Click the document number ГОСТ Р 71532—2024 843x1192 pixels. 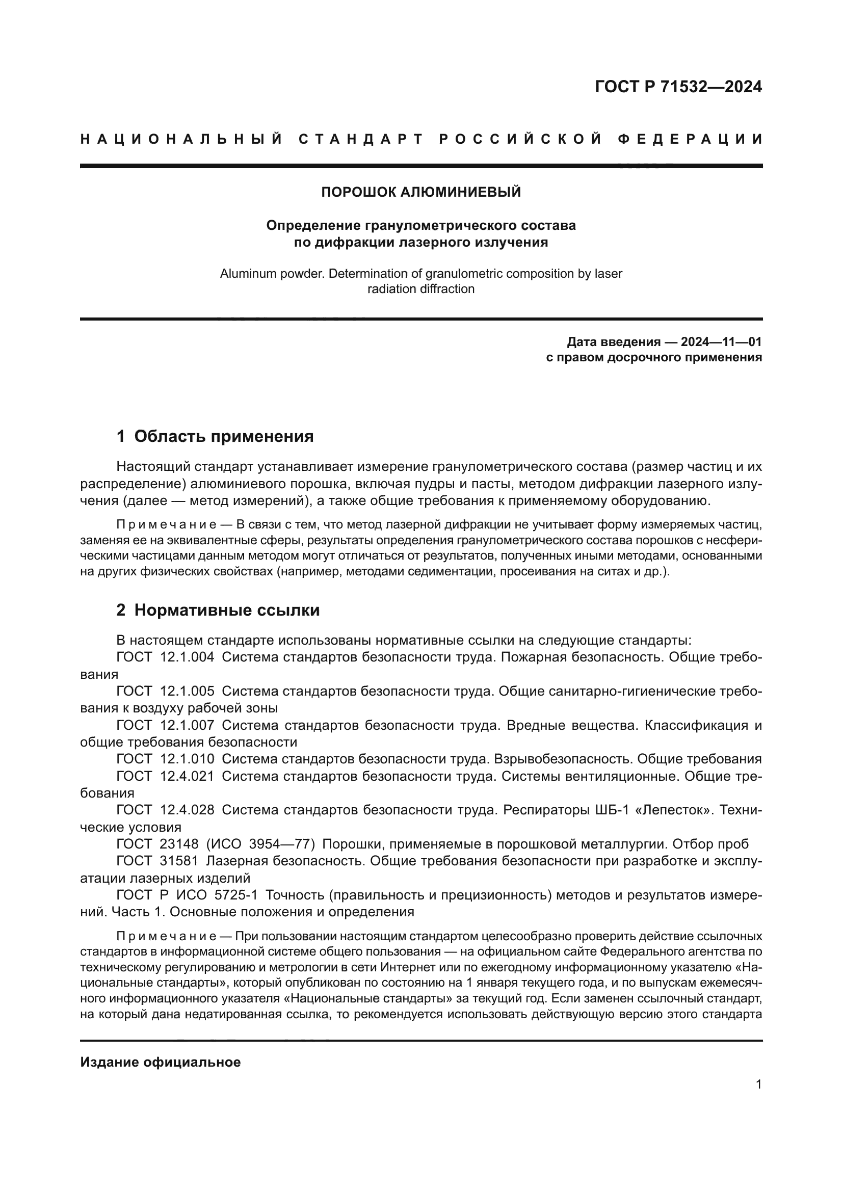pos(678,87)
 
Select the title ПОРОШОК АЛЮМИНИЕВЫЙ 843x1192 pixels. pos(421,192)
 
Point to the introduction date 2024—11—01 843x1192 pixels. pos(721,342)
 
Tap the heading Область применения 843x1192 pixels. pos(224,437)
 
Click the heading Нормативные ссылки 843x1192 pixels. pos(227,611)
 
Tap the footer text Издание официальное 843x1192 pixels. pos(161,1062)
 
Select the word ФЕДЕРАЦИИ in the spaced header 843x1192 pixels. pos(691,139)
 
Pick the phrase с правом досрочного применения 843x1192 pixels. pos(654,357)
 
